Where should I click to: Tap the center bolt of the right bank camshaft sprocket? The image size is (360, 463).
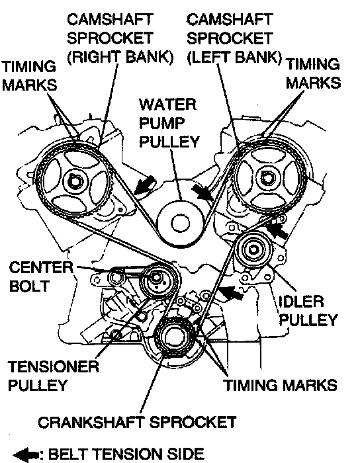click(x=73, y=181)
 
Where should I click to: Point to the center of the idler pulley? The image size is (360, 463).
click(x=253, y=250)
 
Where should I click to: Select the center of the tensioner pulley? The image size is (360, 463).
click(x=156, y=278)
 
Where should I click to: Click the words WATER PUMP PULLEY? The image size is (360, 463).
click(x=169, y=123)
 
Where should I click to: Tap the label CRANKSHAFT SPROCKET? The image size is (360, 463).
click(x=137, y=422)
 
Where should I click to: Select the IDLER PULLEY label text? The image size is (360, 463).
click(x=308, y=311)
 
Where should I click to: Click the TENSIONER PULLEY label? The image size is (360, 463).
click(x=53, y=376)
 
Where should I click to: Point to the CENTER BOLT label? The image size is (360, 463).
click(x=41, y=277)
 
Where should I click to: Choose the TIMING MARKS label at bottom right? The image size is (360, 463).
click(x=280, y=386)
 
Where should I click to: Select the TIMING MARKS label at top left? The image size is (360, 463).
click(x=29, y=75)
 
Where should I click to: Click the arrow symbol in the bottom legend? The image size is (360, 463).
click(x=26, y=455)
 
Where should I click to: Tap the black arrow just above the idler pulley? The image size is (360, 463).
click(x=277, y=230)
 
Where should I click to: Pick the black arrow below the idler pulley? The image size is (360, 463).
click(x=231, y=292)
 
